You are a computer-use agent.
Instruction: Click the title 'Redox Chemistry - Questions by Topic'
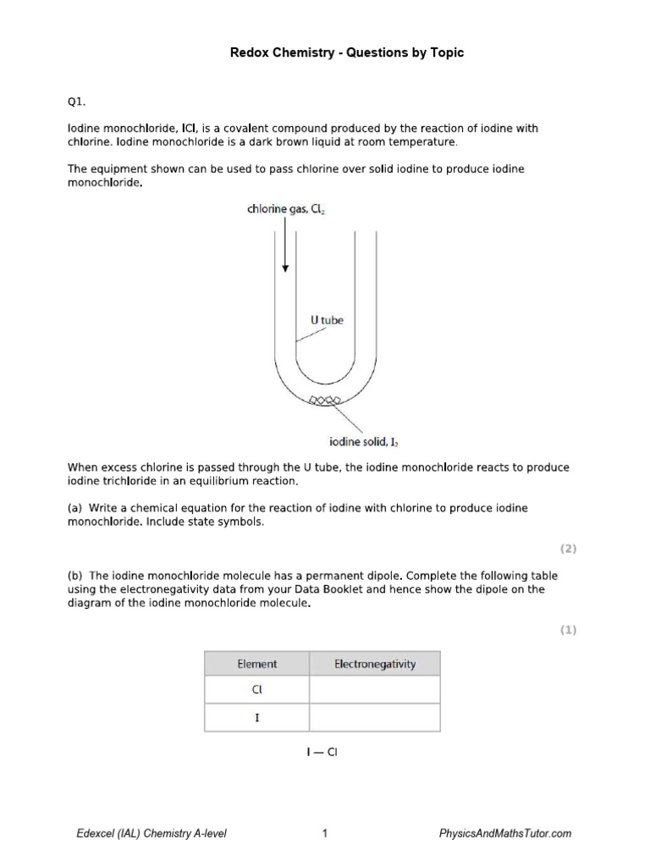pos(347,53)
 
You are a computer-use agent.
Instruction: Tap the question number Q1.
pos(76,101)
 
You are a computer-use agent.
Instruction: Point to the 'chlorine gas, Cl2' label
pos(287,207)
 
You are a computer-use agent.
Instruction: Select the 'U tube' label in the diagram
pos(326,320)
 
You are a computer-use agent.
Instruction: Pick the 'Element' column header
pos(256,664)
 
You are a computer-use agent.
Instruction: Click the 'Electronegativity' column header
pos(374,664)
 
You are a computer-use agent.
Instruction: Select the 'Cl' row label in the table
pos(256,690)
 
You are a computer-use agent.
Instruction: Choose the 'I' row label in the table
pos(256,717)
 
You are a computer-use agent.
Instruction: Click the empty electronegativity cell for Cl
pos(374,690)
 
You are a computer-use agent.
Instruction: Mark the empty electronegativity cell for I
pos(374,717)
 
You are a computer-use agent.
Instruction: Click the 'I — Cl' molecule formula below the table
pos(322,752)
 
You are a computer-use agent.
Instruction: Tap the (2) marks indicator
pos(567,549)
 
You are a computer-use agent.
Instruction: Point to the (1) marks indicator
pos(567,629)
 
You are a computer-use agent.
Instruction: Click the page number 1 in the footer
pos(325,834)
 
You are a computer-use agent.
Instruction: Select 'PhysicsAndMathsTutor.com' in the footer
pos(505,834)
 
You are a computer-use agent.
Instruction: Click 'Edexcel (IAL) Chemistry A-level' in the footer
pos(151,834)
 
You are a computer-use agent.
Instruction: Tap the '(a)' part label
pos(75,508)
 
